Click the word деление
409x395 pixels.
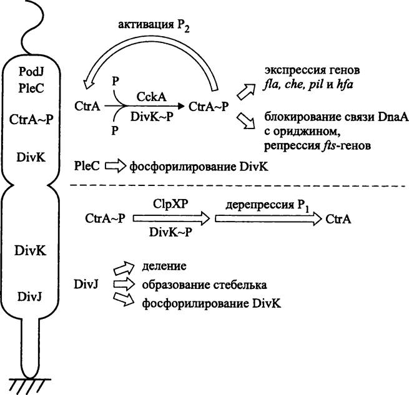(165, 266)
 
